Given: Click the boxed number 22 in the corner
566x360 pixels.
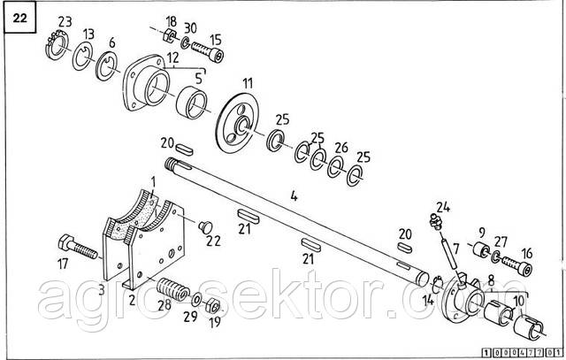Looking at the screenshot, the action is (19, 18).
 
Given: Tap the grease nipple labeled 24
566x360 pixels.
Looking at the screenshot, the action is (436, 221).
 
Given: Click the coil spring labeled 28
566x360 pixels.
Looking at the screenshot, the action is (173, 289).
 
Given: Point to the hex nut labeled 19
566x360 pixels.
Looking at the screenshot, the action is (213, 307).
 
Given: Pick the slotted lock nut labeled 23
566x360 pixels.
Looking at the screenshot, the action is (57, 45).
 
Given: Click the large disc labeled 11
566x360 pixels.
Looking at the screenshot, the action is (237, 124).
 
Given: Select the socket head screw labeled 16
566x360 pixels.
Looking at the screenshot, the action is (516, 264).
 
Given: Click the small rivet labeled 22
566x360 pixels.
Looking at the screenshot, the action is (205, 226).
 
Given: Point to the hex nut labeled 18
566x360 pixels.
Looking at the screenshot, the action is (170, 35).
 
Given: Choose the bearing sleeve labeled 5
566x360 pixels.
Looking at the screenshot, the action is (192, 103).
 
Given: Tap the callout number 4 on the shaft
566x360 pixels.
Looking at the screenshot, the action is (294, 196).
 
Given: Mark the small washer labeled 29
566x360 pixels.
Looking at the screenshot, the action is (197, 299).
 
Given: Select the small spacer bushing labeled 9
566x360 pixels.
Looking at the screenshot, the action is (481, 249).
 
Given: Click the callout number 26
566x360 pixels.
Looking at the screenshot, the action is (340, 148).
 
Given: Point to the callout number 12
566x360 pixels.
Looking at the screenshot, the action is (173, 57).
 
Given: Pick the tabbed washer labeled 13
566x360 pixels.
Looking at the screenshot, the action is (82, 56).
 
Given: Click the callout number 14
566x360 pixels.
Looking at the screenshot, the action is (428, 299).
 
